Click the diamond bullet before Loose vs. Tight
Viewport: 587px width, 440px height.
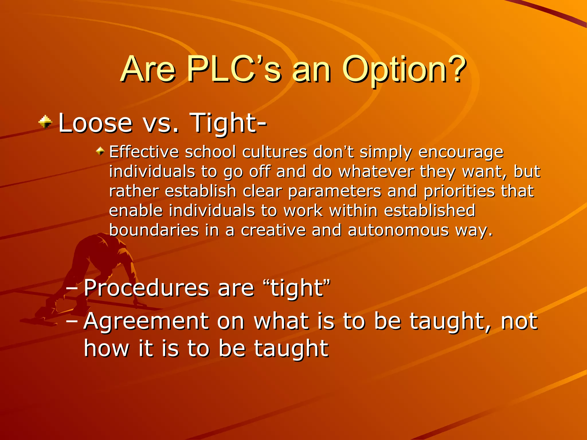(45, 122)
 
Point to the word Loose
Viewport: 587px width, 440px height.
(95, 123)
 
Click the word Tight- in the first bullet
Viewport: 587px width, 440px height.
(228, 123)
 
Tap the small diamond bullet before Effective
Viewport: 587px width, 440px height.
(100, 151)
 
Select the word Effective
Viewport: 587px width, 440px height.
(144, 152)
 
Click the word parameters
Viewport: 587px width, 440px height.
(334, 192)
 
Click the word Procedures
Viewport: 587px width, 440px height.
(146, 288)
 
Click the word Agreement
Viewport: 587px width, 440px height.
(146, 321)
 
